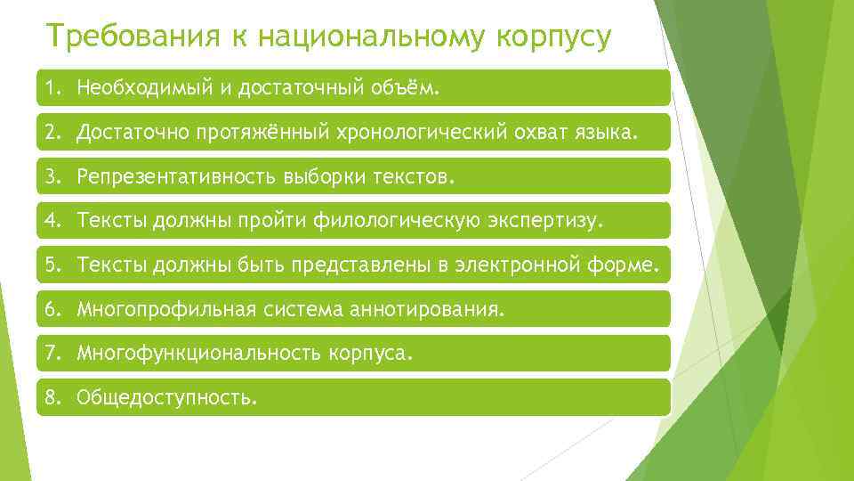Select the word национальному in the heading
(x=356, y=38)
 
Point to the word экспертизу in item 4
(x=546, y=221)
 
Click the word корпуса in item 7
(x=378, y=354)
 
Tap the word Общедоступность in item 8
(x=165, y=398)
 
